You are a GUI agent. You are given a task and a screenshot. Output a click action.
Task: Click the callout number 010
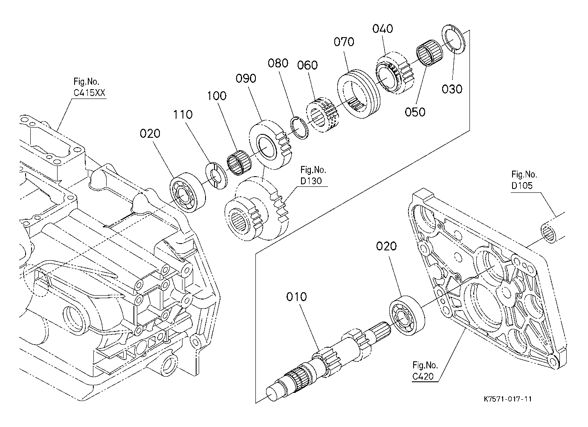(296, 297)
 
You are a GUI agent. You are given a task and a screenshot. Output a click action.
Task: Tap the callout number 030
(452, 89)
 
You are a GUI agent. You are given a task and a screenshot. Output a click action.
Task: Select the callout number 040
(382, 29)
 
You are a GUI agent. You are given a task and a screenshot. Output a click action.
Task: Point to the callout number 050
(415, 112)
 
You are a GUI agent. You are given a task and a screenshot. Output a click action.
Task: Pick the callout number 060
(307, 65)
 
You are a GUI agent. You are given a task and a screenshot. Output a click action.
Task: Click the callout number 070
(344, 42)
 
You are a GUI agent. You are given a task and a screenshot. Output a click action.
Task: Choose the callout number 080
(278, 63)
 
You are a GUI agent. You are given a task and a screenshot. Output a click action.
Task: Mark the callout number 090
(246, 78)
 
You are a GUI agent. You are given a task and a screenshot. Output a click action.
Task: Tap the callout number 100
(217, 96)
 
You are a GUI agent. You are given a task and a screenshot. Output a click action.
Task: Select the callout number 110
(182, 114)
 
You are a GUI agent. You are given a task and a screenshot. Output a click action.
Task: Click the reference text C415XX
(89, 93)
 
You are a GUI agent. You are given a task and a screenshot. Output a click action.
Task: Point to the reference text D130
(311, 181)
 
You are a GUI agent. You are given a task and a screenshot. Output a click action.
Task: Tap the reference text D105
(522, 186)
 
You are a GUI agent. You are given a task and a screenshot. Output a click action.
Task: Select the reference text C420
(423, 377)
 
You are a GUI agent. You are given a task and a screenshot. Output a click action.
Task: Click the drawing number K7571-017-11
(508, 399)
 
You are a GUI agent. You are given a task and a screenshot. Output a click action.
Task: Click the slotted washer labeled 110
(217, 176)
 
